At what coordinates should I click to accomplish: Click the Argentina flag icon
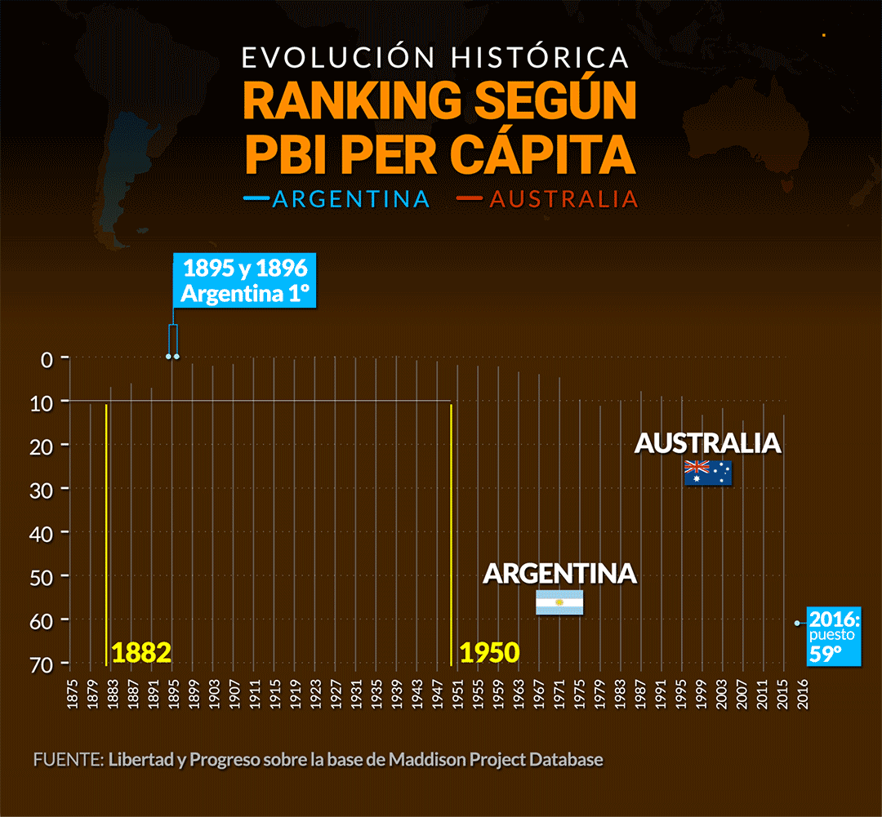(x=559, y=602)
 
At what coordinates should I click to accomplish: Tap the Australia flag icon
(x=708, y=473)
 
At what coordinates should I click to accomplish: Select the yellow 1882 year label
(x=141, y=652)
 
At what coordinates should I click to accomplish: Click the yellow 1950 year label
(x=489, y=652)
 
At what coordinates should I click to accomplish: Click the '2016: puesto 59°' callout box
(x=835, y=636)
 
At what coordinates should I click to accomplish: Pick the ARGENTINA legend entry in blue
(x=351, y=199)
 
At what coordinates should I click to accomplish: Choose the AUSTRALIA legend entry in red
(x=563, y=199)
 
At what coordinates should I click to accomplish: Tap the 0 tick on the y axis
(x=46, y=358)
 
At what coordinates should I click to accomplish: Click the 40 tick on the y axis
(x=42, y=533)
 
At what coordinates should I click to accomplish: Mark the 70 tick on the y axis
(x=42, y=664)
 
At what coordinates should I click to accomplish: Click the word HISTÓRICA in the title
(x=540, y=57)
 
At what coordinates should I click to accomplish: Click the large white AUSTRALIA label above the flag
(x=708, y=443)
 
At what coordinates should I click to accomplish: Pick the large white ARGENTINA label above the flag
(x=559, y=573)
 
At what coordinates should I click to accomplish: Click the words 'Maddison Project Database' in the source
(x=496, y=760)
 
